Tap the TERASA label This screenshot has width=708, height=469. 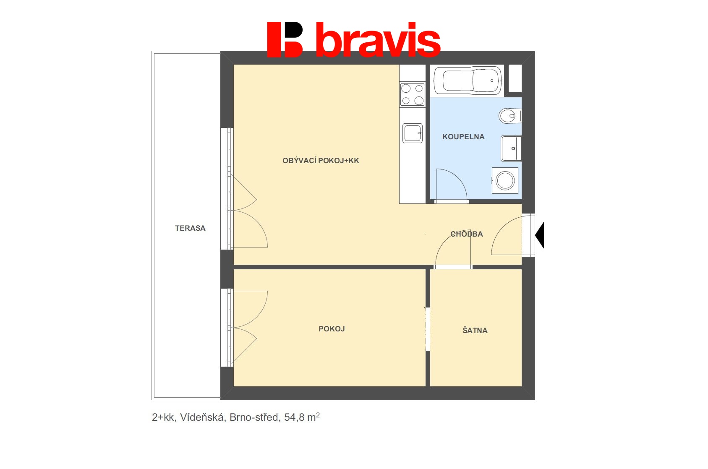pyautogui.click(x=190, y=228)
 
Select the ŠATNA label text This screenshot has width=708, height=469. pyautogui.click(x=475, y=330)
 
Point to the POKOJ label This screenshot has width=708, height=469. pyautogui.click(x=332, y=329)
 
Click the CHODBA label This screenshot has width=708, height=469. pyautogui.click(x=467, y=234)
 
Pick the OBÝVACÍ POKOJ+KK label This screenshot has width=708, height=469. pyautogui.click(x=321, y=161)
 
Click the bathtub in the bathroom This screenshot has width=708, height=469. pyautogui.click(x=468, y=81)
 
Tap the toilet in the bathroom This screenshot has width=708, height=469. pyautogui.click(x=510, y=116)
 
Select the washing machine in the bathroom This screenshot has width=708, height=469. pyautogui.click(x=505, y=180)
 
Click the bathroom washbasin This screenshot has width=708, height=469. pyautogui.click(x=511, y=148)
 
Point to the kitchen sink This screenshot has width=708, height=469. pyautogui.click(x=412, y=133)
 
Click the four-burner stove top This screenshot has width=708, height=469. pyautogui.click(x=412, y=94)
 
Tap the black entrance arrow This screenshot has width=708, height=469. pyautogui.click(x=539, y=235)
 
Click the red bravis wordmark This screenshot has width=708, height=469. pyautogui.click(x=378, y=39)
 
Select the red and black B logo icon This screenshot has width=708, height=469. pyautogui.click(x=285, y=39)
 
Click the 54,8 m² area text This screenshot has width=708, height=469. pyautogui.click(x=302, y=417)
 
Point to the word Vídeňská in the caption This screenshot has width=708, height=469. pyautogui.click(x=202, y=417)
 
